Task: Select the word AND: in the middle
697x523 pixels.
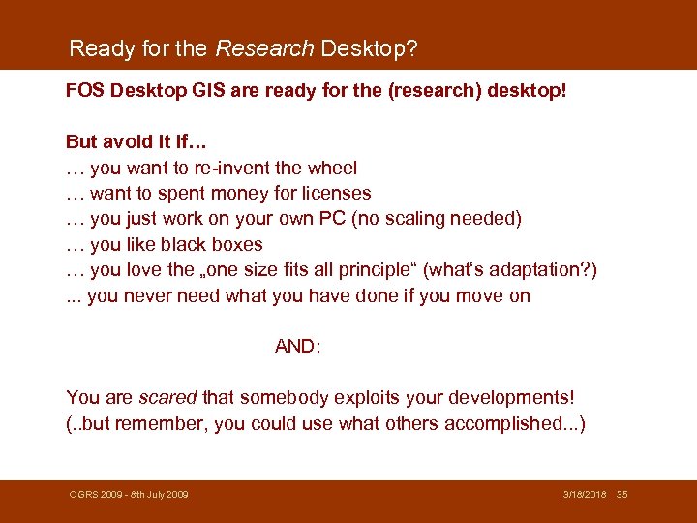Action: pyautogui.click(x=297, y=346)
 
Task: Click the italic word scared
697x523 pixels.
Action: pyautogui.click(x=167, y=398)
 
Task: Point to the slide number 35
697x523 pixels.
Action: pyautogui.click(x=622, y=495)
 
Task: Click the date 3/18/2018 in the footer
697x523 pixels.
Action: pyautogui.click(x=585, y=495)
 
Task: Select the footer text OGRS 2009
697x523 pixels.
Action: pyautogui.click(x=94, y=495)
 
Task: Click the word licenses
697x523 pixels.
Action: pyautogui.click(x=336, y=193)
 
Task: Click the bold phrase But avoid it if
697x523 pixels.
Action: pyautogui.click(x=129, y=142)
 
